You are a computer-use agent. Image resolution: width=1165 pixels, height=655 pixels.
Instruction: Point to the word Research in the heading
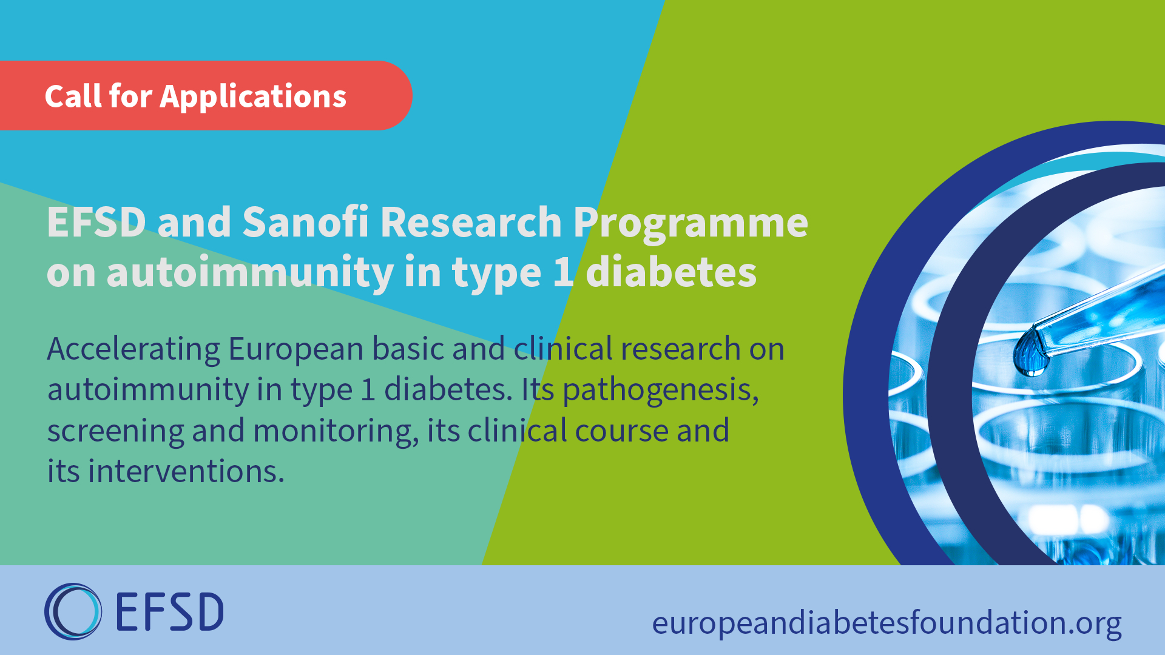(x=471, y=222)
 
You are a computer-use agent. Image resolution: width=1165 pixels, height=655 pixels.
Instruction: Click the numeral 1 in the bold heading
(x=563, y=272)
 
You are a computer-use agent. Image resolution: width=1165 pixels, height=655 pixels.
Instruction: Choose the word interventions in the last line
(x=186, y=471)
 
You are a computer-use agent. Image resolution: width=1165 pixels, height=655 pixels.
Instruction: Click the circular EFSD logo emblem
(x=73, y=611)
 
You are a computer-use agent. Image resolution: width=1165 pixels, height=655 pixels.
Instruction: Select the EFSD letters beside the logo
(x=169, y=611)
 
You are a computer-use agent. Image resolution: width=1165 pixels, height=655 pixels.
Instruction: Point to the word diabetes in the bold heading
(x=671, y=272)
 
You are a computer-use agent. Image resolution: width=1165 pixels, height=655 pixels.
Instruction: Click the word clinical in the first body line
(x=564, y=349)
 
